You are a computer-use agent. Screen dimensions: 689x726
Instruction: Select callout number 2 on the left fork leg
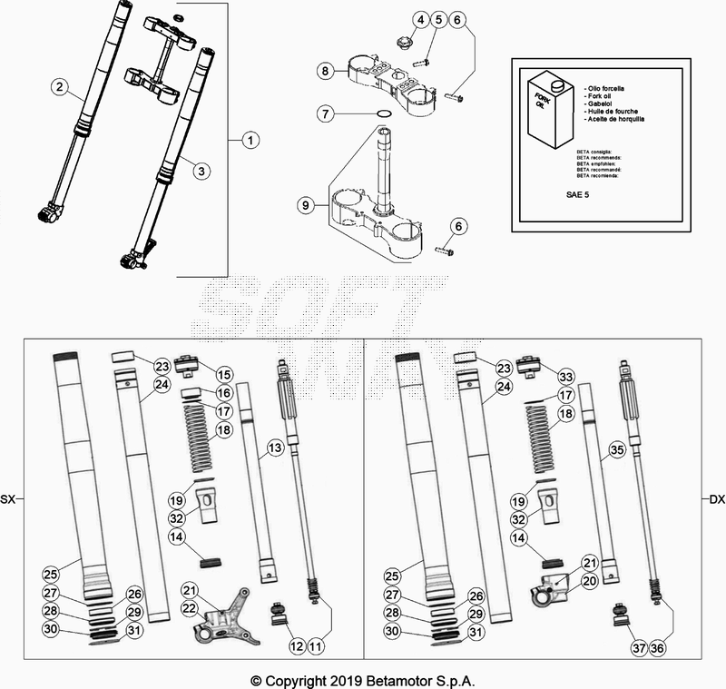click(x=59, y=87)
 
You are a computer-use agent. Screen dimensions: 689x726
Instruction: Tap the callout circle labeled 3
click(x=201, y=169)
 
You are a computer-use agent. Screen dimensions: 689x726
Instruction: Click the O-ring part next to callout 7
click(x=384, y=114)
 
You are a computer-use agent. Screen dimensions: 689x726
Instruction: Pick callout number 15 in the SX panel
click(x=223, y=374)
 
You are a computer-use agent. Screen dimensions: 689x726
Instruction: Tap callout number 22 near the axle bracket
click(x=190, y=609)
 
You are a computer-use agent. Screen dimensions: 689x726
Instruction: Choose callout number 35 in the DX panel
click(x=616, y=448)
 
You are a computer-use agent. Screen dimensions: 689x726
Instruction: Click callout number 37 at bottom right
click(x=638, y=647)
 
